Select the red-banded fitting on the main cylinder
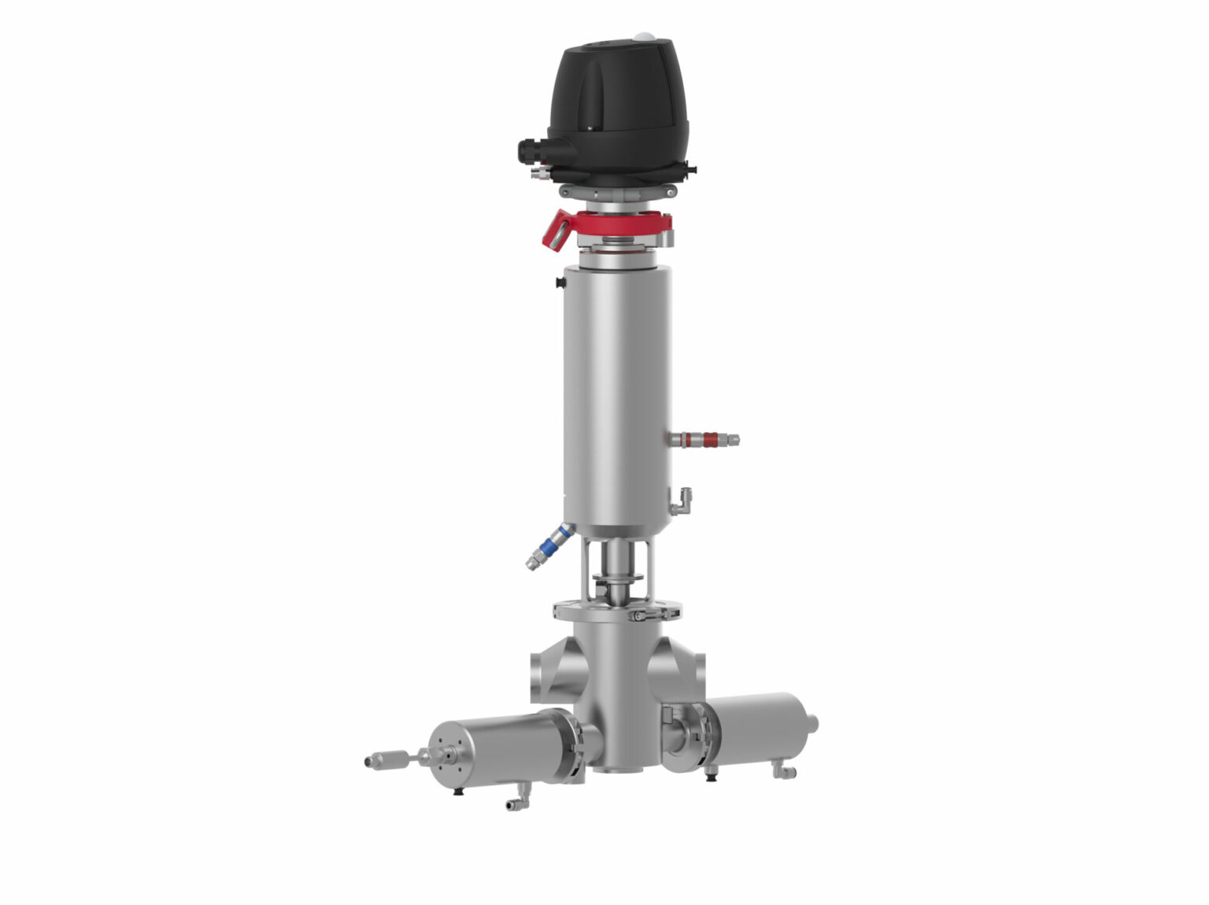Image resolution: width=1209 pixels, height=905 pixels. coord(704,439)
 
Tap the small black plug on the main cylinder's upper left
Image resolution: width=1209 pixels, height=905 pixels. coord(560,281)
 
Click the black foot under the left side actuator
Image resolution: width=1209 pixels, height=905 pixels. coord(459,790)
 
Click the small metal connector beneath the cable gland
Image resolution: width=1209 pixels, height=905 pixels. coord(538,172)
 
